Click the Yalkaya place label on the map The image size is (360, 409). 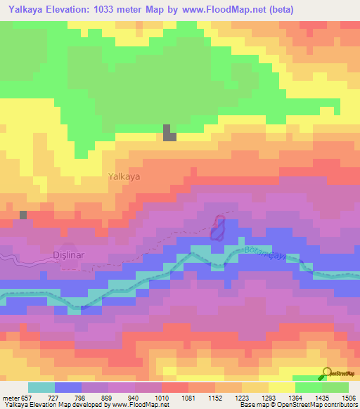(x=124, y=177)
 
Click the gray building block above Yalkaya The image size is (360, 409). (x=169, y=133)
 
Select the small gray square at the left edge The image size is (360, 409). (x=23, y=214)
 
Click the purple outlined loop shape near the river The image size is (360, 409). (x=219, y=228)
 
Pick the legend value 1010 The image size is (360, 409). (x=162, y=398)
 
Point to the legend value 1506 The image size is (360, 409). (x=348, y=398)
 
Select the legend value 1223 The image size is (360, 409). (x=241, y=398)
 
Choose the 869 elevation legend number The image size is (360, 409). (x=108, y=398)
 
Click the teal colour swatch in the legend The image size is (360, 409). (x=41, y=387)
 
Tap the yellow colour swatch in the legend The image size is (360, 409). (x=281, y=387)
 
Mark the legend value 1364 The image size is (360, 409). (x=295, y=398)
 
